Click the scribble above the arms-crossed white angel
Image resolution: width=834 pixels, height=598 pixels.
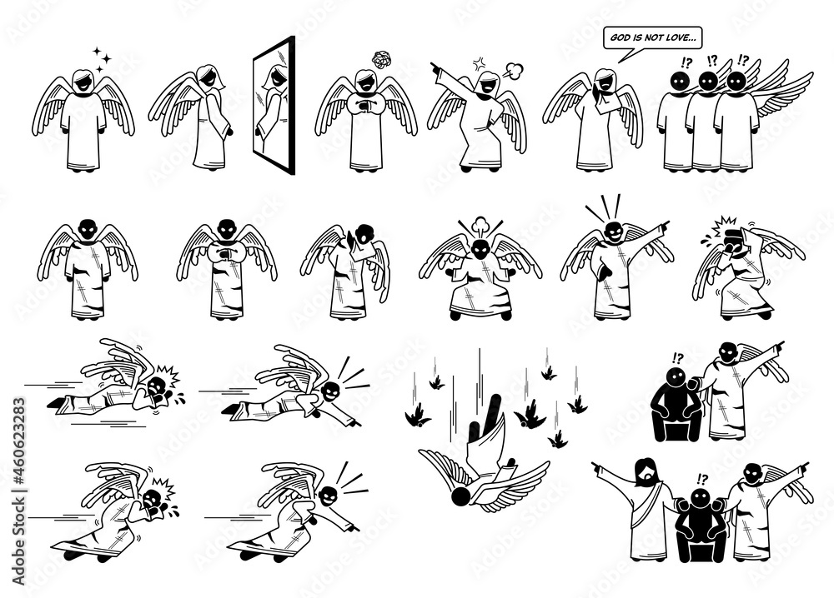click(381, 59)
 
